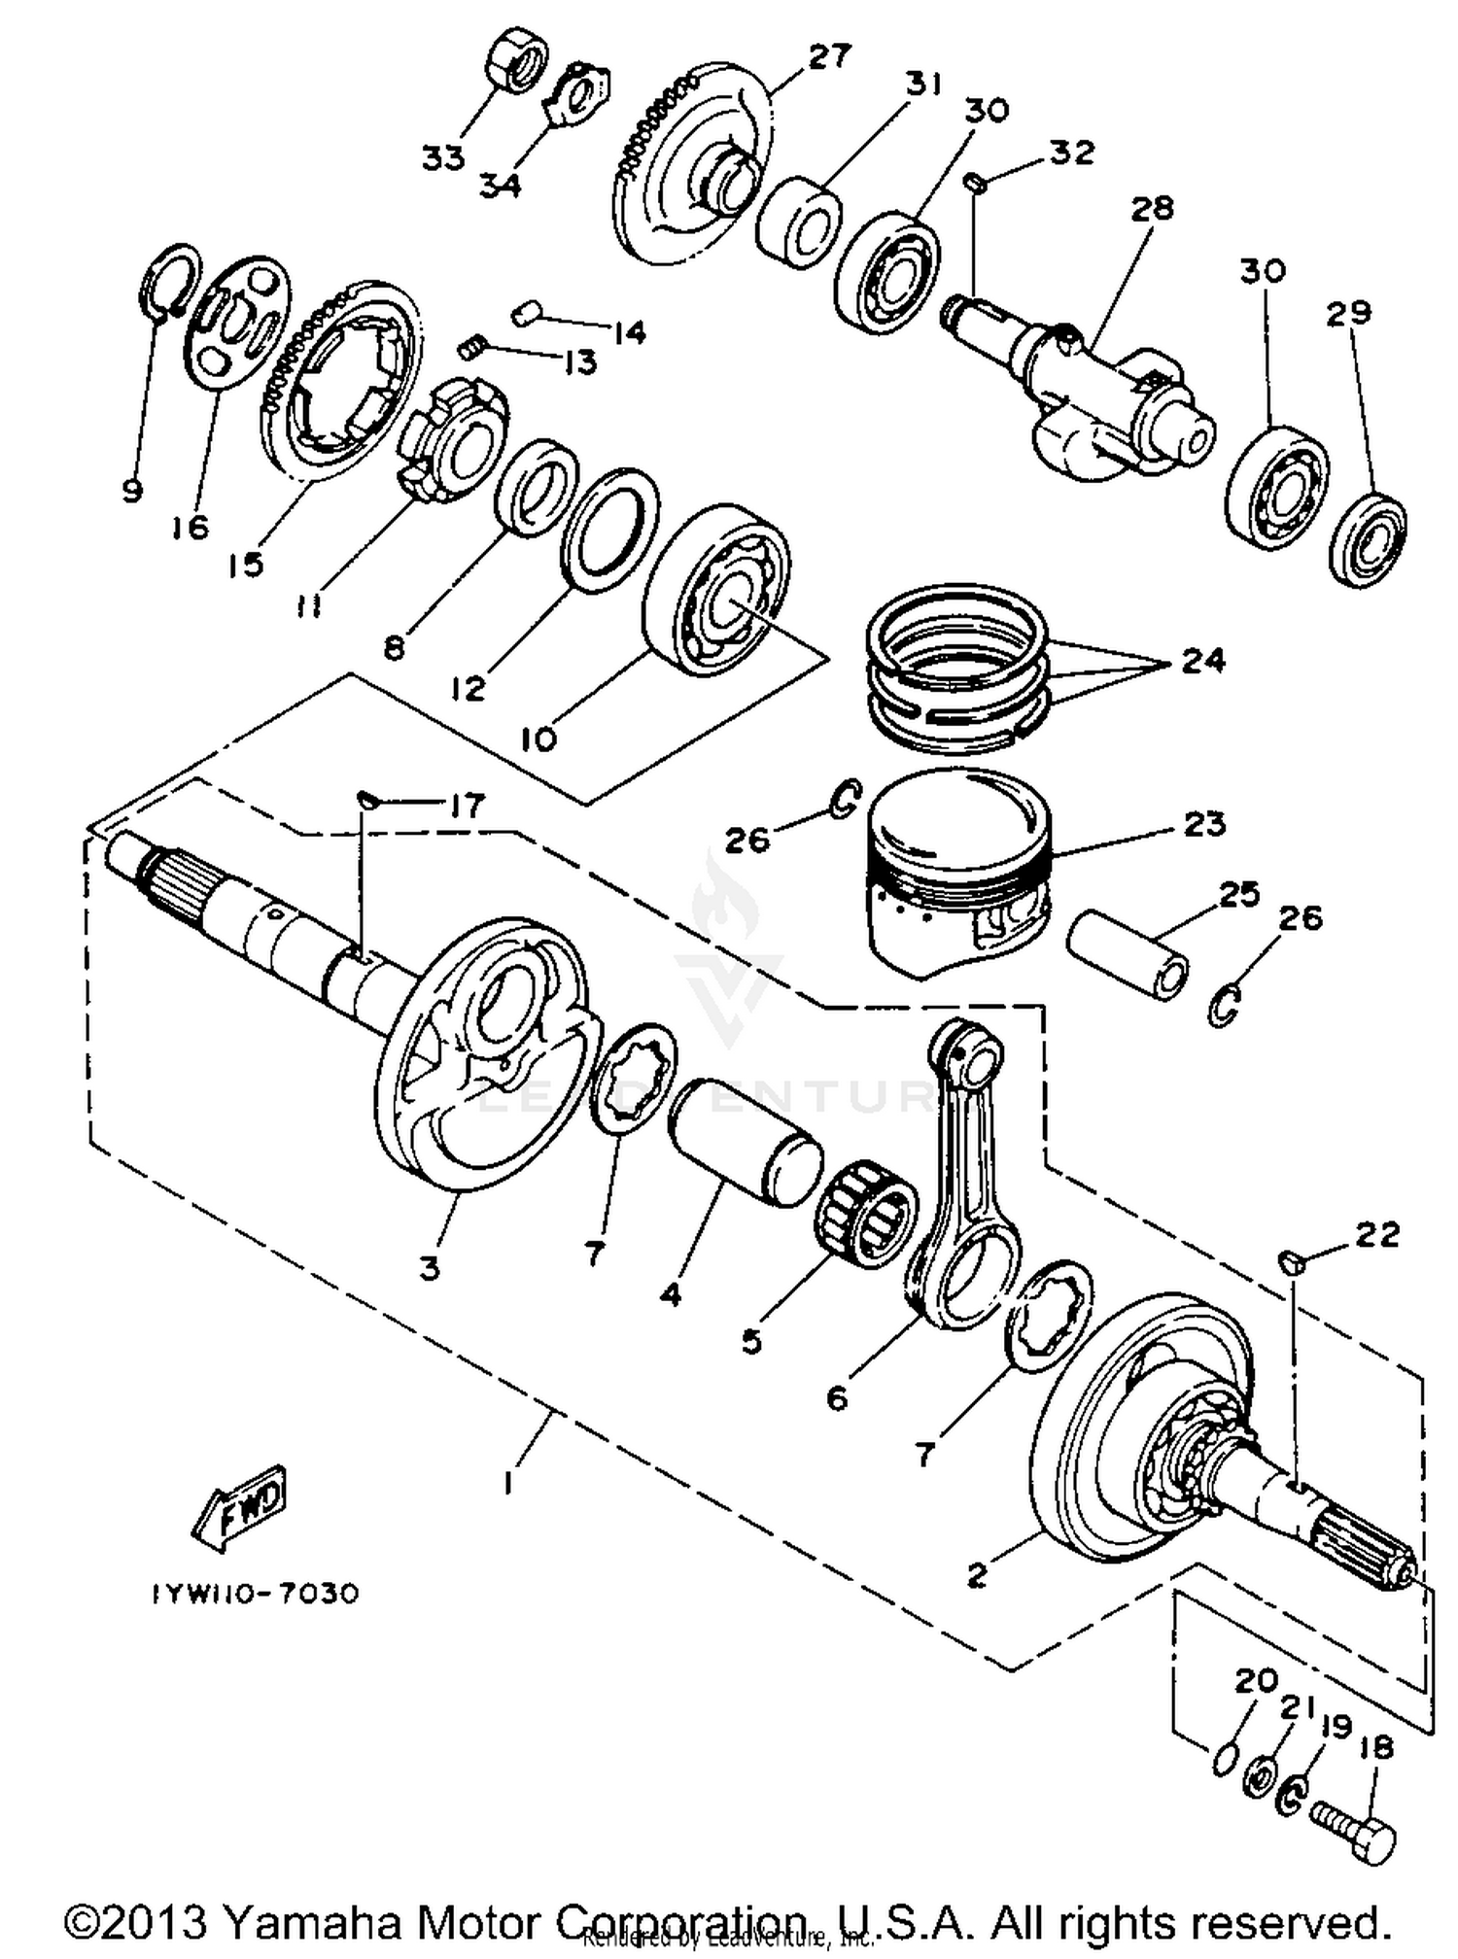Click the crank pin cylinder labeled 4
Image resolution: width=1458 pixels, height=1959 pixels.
(x=744, y=1143)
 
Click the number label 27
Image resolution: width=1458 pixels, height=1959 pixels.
(x=827, y=55)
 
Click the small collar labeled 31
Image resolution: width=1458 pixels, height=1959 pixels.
(x=798, y=223)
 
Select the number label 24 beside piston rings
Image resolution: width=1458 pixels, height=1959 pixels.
(x=1203, y=661)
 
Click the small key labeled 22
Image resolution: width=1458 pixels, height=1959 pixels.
(x=1290, y=1262)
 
